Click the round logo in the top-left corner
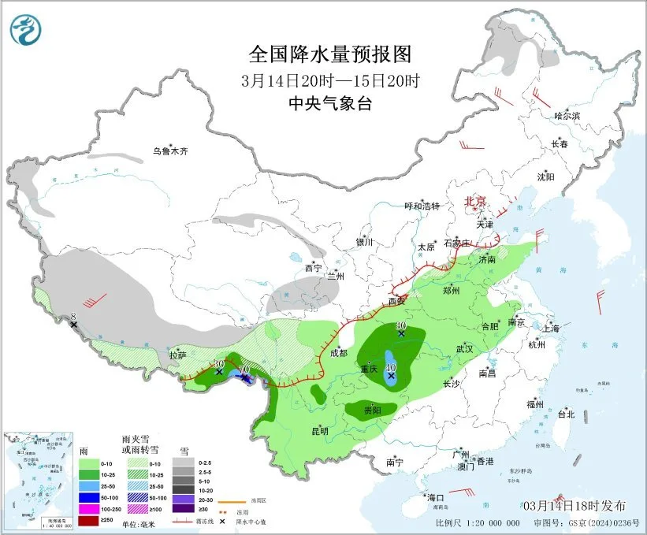click(26, 30)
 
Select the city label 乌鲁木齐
click(170, 150)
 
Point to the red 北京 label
click(476, 201)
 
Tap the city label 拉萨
click(178, 355)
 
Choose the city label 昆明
click(319, 431)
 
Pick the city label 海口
click(435, 497)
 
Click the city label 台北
click(566, 414)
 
